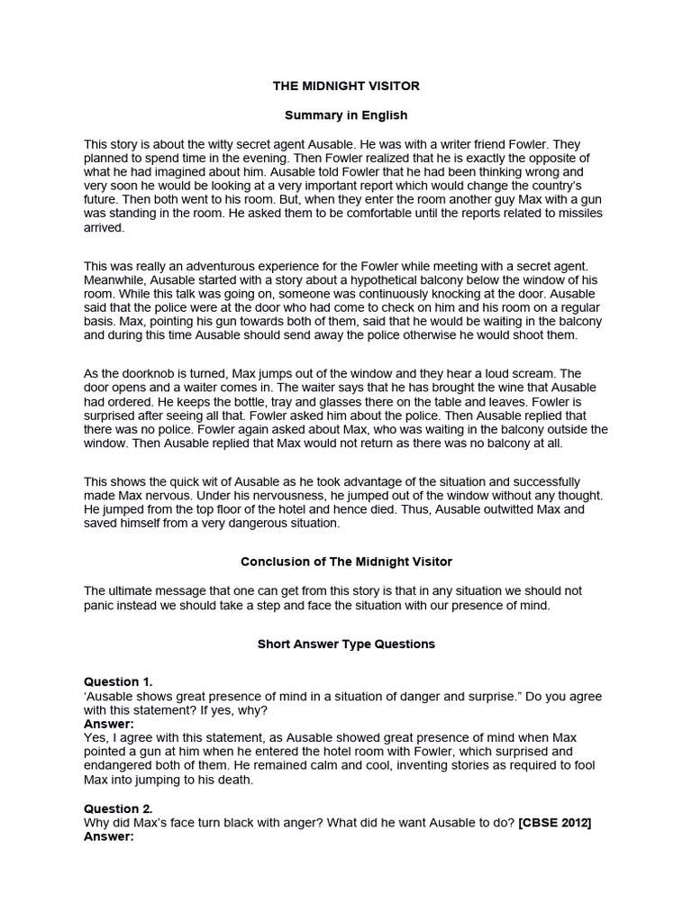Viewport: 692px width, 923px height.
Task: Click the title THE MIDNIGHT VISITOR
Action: coord(346,86)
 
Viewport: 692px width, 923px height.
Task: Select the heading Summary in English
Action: coord(346,115)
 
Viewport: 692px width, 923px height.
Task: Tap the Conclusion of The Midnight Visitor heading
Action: coord(346,562)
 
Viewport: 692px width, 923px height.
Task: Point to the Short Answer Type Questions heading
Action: coord(346,644)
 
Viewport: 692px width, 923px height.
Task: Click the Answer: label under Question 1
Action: coord(109,724)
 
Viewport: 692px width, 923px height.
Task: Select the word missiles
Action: coord(578,213)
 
